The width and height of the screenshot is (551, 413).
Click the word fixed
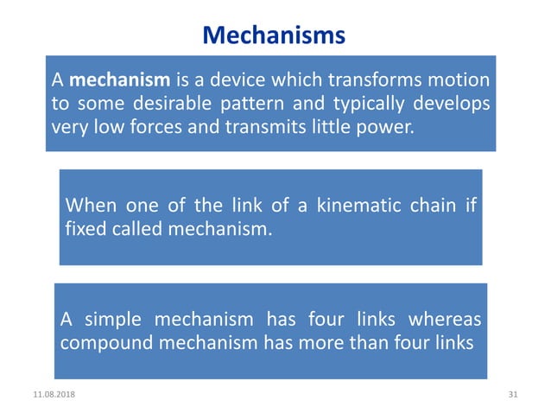click(x=85, y=231)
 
